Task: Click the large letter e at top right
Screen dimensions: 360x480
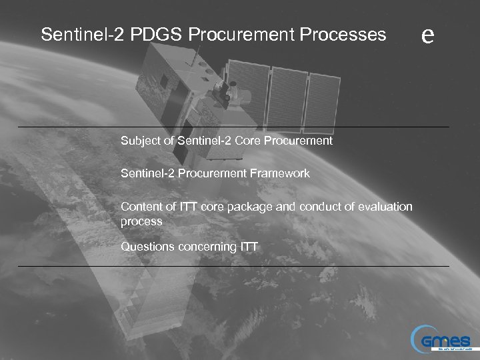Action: click(428, 34)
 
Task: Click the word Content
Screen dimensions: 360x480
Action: click(140, 207)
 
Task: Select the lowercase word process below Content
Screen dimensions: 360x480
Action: click(141, 221)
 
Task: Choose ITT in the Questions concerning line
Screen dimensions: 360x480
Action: click(248, 247)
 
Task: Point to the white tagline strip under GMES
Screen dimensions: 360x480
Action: click(455, 348)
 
